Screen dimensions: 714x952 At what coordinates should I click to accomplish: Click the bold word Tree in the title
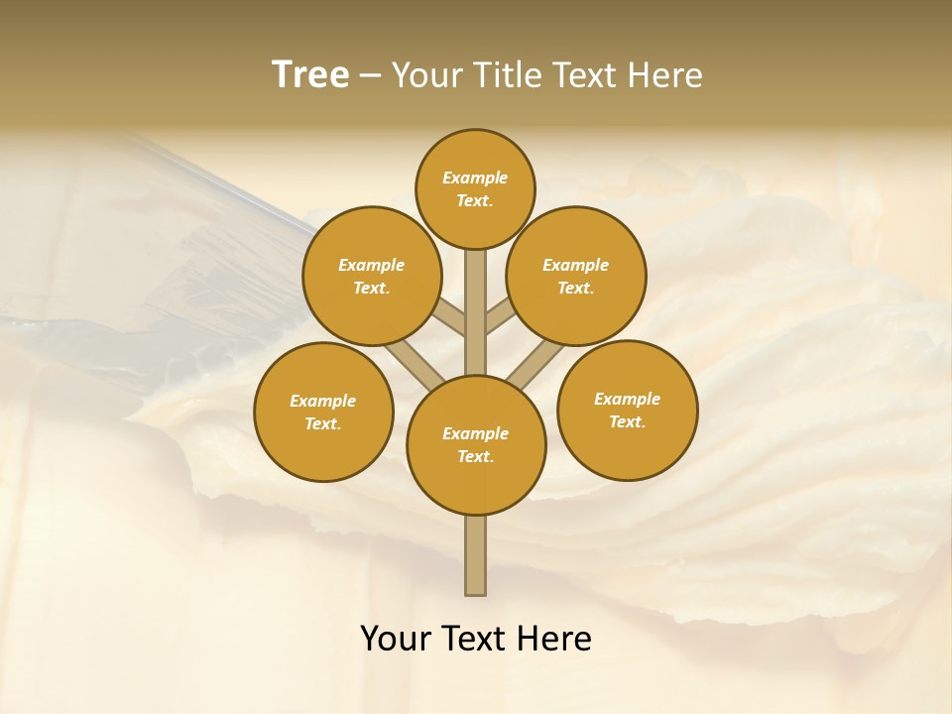point(310,75)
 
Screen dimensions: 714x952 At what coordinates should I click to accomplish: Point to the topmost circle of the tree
point(475,188)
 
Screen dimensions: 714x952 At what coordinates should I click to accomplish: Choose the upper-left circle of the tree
point(372,276)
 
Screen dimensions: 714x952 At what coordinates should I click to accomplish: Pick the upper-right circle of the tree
point(576,276)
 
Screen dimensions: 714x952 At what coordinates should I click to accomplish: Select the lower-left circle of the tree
point(323,412)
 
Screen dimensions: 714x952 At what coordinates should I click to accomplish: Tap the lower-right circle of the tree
point(627,410)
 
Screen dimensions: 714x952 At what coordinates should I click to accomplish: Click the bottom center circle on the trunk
point(476,444)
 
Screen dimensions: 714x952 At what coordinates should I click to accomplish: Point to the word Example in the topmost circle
point(475,178)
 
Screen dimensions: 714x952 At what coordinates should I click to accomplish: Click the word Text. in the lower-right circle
point(627,421)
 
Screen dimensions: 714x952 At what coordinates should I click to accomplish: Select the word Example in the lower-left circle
point(322,401)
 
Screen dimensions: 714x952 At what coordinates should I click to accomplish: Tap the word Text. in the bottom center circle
point(476,456)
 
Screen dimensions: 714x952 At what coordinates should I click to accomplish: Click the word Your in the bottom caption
point(396,639)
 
